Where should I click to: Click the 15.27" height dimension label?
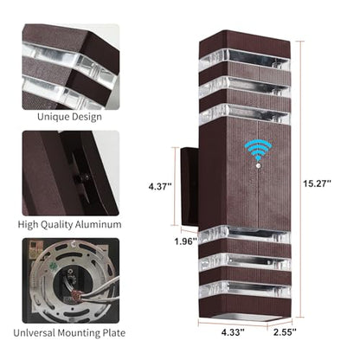tap(317, 183)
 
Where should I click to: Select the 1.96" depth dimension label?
tap(185, 241)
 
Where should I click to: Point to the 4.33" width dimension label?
tap(233, 332)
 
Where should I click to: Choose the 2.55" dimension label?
tap(285, 332)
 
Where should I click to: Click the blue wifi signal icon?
tap(258, 150)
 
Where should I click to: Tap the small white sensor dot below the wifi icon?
tap(258, 166)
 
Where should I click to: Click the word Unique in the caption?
tap(54, 117)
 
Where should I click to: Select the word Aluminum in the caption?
tap(101, 224)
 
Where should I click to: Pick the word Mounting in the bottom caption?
tap(79, 333)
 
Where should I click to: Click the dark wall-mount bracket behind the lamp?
tap(190, 187)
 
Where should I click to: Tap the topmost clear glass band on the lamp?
tap(245, 59)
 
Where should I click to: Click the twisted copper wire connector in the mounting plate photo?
tap(75, 296)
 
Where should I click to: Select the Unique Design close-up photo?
tap(71, 67)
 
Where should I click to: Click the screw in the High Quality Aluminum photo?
tap(86, 177)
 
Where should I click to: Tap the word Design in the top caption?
tap(87, 117)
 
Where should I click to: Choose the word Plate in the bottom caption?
tap(114, 332)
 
